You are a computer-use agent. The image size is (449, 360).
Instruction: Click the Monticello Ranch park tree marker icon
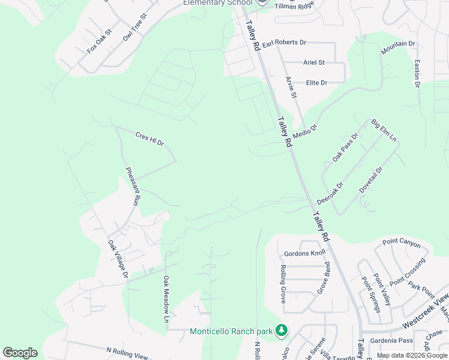pyautogui.click(x=281, y=330)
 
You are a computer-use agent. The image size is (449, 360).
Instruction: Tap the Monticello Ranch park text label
pyautogui.click(x=231, y=331)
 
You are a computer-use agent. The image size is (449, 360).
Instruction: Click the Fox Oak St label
pyautogui.click(x=100, y=41)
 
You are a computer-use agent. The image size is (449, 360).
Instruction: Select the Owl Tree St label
pyautogui.click(x=135, y=28)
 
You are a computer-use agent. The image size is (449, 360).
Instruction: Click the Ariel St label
pyautogui.click(x=313, y=62)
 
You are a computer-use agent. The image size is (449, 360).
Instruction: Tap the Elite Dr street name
pyautogui.click(x=316, y=83)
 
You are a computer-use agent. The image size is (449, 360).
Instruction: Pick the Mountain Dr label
pyautogui.click(x=398, y=48)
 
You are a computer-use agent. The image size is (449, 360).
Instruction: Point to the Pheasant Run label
pyautogui.click(x=133, y=187)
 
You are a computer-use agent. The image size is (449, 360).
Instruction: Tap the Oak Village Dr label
pyautogui.click(x=118, y=259)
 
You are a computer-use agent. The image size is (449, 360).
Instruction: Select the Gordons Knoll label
pyautogui.click(x=304, y=253)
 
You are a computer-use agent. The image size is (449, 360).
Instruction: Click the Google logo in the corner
pyautogui.click(x=20, y=353)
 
